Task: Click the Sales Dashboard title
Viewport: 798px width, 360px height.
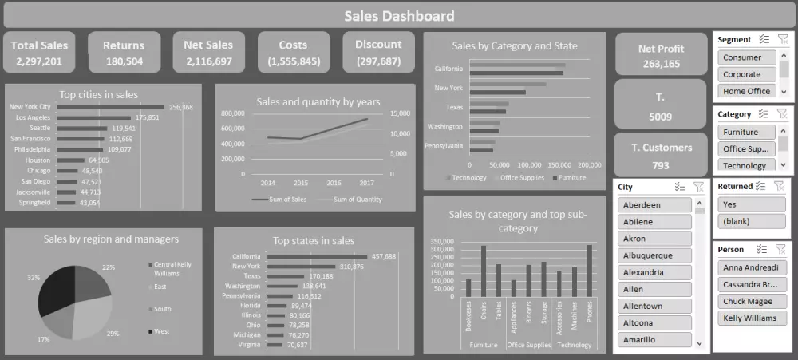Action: (399, 15)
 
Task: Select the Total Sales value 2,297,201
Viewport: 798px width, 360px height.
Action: (39, 61)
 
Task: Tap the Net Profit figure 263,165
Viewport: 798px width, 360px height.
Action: (660, 64)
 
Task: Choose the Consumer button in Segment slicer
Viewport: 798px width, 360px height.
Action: (742, 57)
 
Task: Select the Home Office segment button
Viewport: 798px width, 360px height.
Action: (746, 91)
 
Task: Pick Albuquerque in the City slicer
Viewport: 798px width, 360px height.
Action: (654, 255)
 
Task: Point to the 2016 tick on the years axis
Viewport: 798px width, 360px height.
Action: (333, 183)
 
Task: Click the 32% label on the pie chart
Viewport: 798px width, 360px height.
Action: (33, 278)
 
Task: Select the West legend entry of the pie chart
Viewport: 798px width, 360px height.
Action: (161, 330)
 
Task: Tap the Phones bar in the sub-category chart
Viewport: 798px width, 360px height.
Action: (590, 271)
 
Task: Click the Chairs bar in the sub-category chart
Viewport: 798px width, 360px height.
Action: (483, 271)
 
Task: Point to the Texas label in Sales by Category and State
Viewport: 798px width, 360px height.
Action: (454, 107)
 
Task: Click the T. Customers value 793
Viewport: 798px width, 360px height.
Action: (660, 165)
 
